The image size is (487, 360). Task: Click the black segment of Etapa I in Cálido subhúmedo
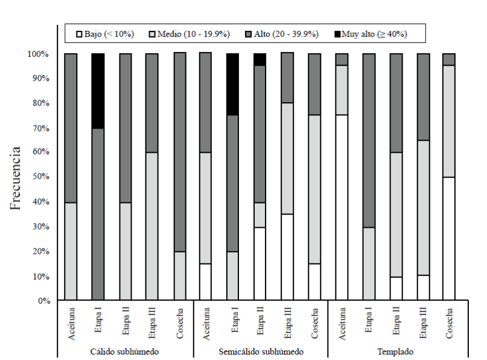click(x=98, y=91)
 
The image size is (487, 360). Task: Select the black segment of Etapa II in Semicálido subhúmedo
click(x=259, y=59)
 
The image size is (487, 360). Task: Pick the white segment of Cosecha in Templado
click(x=448, y=239)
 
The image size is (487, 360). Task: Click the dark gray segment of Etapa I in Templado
click(x=368, y=140)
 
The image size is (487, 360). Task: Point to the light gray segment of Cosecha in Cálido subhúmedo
click(x=179, y=275)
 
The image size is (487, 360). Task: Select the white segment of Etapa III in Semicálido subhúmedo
click(x=287, y=257)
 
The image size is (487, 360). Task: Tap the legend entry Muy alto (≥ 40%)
click(x=371, y=34)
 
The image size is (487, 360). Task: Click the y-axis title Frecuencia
click(x=16, y=177)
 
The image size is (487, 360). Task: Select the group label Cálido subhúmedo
click(x=124, y=351)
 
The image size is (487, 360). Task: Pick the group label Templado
click(x=395, y=351)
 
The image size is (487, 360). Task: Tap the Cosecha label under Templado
click(x=448, y=323)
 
